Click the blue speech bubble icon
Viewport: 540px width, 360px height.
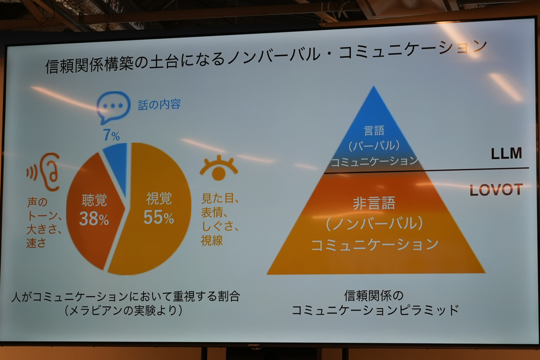pos(113,107)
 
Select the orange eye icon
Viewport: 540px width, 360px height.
pos(219,168)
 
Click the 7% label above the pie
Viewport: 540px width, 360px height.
pos(112,135)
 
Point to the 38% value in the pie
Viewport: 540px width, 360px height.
pos(94,219)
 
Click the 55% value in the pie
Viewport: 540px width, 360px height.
pos(158,217)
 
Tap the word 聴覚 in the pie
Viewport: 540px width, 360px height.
pos(94,200)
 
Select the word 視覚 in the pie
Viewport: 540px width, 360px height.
pos(159,198)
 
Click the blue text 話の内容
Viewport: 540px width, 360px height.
pos(159,105)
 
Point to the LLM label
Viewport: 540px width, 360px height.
pos(507,153)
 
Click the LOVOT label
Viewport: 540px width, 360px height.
pos(496,190)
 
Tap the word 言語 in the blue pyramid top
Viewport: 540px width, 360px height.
pos(374,130)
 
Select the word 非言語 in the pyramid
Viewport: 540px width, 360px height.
pos(374,203)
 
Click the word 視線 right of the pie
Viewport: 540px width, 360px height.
pos(212,240)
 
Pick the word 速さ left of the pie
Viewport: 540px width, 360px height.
pos(36,243)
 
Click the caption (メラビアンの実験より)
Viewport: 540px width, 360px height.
pos(123,310)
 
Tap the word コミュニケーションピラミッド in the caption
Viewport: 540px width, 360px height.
pos(375,310)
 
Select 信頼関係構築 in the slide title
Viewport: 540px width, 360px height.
pos(90,65)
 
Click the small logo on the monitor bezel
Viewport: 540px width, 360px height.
pos(254,346)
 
